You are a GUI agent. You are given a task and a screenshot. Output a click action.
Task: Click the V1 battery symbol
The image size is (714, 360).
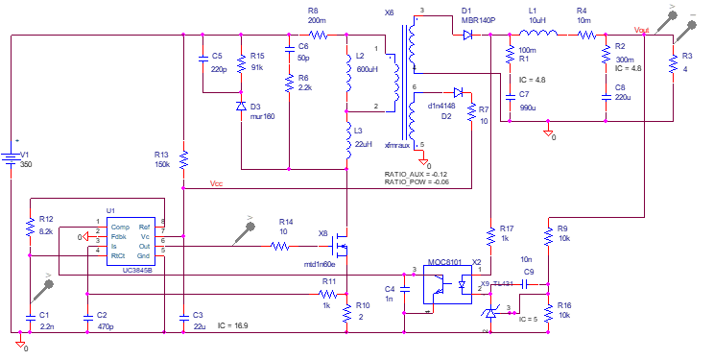(11, 157)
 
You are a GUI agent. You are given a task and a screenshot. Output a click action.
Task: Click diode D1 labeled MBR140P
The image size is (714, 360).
(466, 36)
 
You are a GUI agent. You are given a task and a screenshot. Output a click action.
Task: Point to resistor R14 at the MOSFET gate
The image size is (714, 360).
(279, 246)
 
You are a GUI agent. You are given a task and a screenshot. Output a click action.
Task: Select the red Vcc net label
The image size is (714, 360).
(217, 181)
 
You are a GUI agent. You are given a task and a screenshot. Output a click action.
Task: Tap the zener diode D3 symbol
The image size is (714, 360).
(241, 106)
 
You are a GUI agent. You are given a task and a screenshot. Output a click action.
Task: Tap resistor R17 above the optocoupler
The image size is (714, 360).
(490, 235)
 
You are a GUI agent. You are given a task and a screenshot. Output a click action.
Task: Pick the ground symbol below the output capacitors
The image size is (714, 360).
(548, 132)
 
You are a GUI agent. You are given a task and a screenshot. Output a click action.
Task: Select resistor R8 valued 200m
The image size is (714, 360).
(318, 36)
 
